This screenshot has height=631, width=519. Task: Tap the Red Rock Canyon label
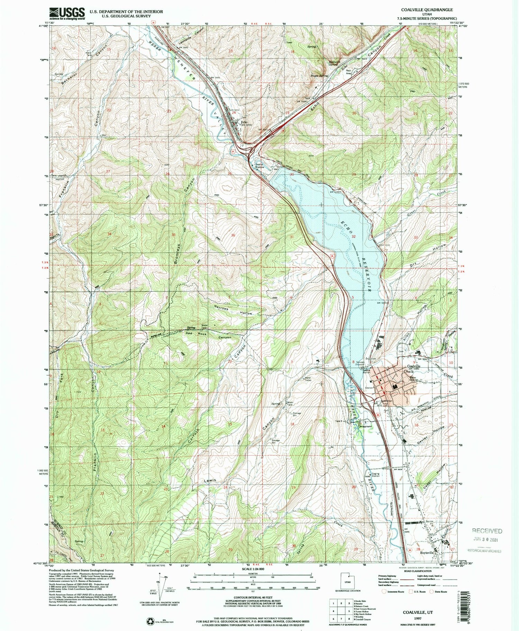[x=208, y=335]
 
